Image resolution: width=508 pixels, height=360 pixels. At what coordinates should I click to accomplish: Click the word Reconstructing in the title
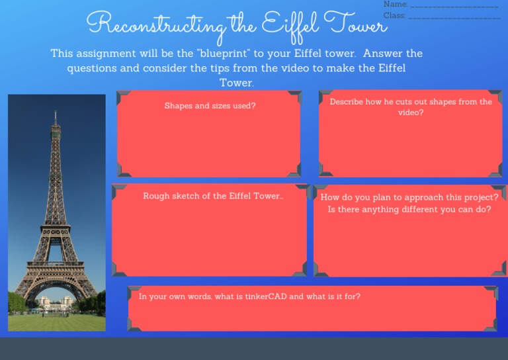pos(155,24)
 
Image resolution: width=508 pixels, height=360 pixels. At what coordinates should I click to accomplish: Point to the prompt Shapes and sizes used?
pos(210,106)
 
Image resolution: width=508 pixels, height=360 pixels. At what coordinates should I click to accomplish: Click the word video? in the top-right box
pos(411,112)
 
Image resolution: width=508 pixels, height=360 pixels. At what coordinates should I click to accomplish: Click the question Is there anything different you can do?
pos(409,210)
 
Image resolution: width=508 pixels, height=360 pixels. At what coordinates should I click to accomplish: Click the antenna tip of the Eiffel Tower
pos(56,112)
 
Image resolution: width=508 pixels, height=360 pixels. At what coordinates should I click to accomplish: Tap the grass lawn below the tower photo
pos(56,322)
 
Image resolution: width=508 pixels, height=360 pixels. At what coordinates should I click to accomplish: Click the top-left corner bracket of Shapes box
pos(123,98)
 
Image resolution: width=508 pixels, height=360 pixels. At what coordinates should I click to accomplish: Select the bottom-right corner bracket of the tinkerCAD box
pos(489,324)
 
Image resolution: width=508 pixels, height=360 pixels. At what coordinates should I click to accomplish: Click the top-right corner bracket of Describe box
pos(496,97)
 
